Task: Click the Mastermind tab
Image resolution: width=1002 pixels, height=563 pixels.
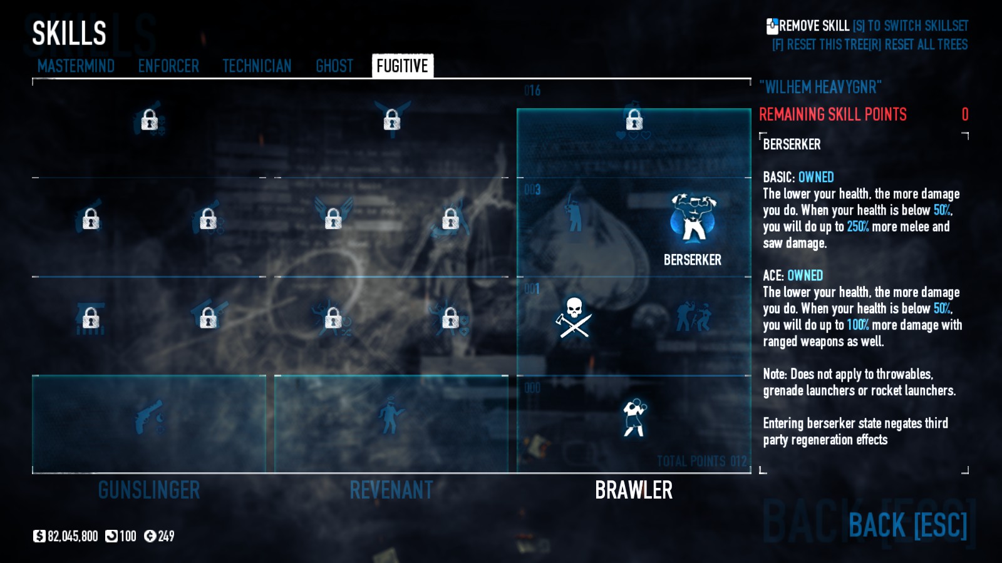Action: tap(76, 66)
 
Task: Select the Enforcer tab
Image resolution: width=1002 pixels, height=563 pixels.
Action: tap(168, 66)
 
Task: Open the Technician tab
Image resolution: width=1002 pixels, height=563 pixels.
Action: tap(257, 66)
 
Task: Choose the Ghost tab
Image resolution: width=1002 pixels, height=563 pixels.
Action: tap(334, 66)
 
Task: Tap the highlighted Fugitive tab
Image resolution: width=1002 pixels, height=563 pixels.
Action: tap(402, 66)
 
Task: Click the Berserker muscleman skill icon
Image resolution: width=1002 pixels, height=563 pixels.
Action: tap(693, 218)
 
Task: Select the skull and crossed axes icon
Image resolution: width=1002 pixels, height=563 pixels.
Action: tap(574, 318)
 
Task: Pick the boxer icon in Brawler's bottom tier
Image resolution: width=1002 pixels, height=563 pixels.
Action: tap(634, 417)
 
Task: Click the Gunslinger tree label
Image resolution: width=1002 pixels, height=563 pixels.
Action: tap(149, 490)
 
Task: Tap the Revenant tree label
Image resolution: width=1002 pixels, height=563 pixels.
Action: tap(391, 490)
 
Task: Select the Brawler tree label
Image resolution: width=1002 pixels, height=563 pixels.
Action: tap(634, 490)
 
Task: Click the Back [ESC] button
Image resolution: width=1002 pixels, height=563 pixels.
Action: tap(907, 525)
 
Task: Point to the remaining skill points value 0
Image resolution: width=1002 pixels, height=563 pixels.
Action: tap(965, 114)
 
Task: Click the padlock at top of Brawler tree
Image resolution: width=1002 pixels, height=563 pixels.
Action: tap(634, 119)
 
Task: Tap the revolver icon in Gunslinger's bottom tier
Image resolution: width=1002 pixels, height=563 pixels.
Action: tap(149, 417)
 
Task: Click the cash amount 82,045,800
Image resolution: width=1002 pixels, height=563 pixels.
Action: tap(73, 536)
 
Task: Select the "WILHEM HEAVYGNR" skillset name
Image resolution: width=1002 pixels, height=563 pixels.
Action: tap(820, 87)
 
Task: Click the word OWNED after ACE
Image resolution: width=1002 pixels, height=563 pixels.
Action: tap(805, 275)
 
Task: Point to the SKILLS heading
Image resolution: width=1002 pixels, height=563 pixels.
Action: tap(69, 33)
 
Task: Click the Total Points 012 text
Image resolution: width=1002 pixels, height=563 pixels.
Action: tap(701, 461)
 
